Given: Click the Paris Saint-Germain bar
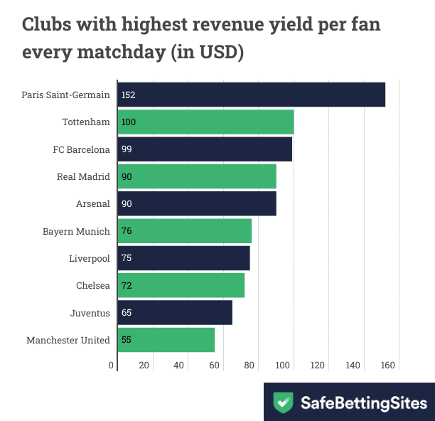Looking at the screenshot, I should click(x=252, y=95).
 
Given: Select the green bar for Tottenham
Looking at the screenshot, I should click(x=206, y=122).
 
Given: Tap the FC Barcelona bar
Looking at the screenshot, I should click(x=205, y=149).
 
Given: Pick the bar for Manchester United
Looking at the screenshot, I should click(x=166, y=340).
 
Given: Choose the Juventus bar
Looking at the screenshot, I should click(x=175, y=313).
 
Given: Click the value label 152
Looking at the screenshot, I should click(x=128, y=95).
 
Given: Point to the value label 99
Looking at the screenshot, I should click(x=127, y=149).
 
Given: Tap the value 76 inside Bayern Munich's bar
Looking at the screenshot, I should click(x=127, y=231).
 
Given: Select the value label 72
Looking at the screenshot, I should click(x=127, y=286).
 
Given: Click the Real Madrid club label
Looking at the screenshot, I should click(x=83, y=176).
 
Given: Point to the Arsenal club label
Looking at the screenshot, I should click(x=93, y=204).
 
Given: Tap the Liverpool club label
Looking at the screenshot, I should click(x=90, y=258).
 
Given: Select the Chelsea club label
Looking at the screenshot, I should click(x=93, y=286).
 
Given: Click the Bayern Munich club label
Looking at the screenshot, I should click(x=76, y=231).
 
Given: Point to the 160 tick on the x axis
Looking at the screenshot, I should click(x=387, y=366).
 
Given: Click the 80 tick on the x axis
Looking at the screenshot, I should click(x=248, y=366).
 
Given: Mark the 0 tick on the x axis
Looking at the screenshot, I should click(x=112, y=366).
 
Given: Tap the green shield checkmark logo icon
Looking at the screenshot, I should click(x=284, y=403).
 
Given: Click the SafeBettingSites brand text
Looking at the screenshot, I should click(x=362, y=403).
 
